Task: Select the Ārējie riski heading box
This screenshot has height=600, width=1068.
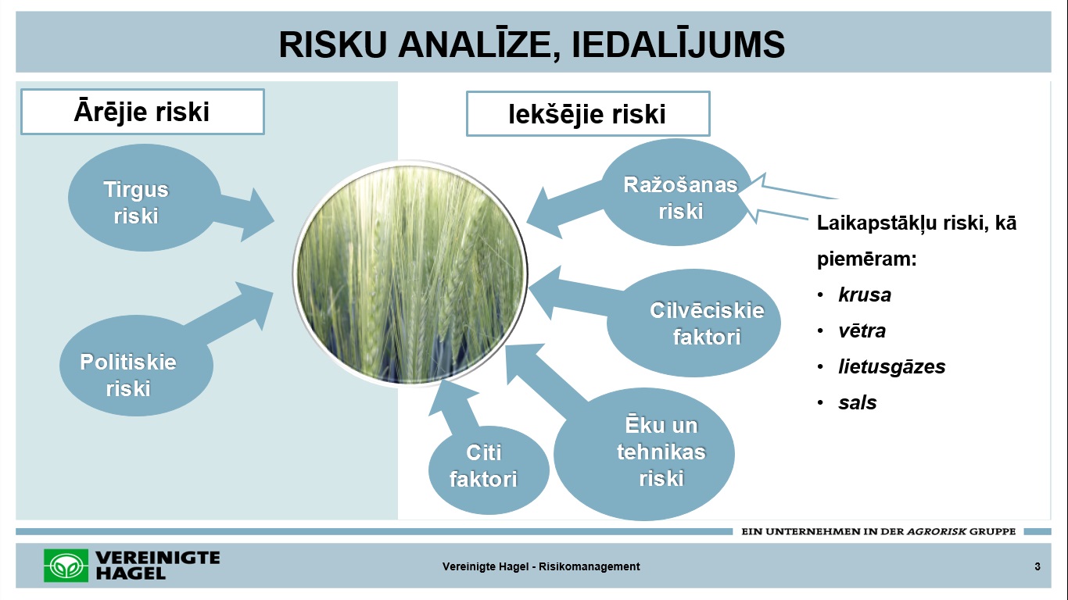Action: pyautogui.click(x=142, y=112)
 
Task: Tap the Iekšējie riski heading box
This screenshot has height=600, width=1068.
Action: pyautogui.click(x=588, y=114)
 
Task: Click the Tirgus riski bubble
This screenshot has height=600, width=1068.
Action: pyautogui.click(x=144, y=198)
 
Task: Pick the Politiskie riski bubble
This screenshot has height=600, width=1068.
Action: pyautogui.click(x=136, y=366)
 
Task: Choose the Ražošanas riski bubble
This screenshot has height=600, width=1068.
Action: pyautogui.click(x=676, y=192)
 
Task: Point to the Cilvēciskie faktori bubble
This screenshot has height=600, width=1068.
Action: pyautogui.click(x=693, y=323)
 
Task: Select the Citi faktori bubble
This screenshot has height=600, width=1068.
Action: pyautogui.click(x=488, y=470)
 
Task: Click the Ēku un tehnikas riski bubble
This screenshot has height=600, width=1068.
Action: pyautogui.click(x=643, y=454)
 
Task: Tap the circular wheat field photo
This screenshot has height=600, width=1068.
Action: pyautogui.click(x=410, y=273)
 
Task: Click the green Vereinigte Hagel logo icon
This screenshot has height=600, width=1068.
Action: pyautogui.click(x=66, y=566)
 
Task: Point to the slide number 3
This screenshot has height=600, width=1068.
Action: pyautogui.click(x=1038, y=566)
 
